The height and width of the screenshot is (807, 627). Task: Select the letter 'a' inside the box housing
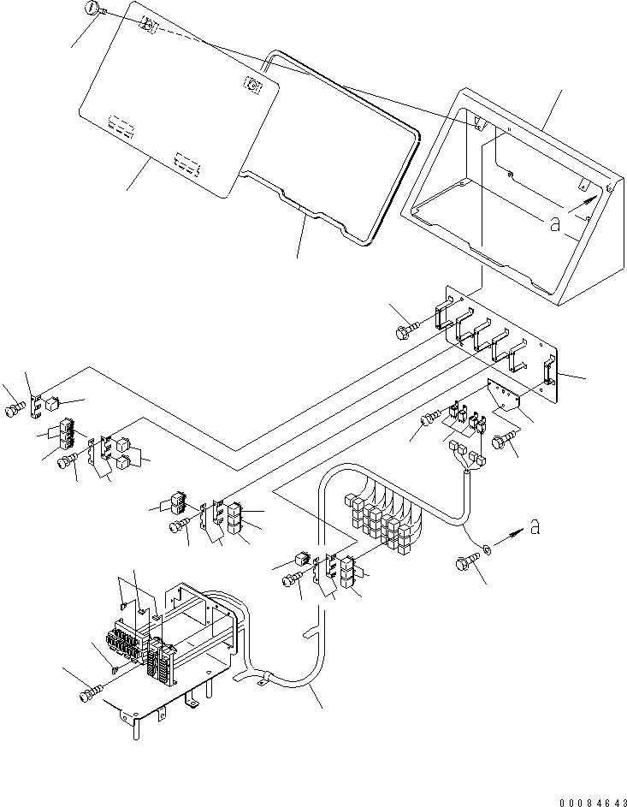(555, 224)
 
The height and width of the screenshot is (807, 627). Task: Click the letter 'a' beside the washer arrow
(535, 528)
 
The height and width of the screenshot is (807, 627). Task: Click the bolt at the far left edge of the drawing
(13, 410)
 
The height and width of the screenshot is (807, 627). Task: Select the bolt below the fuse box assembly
(92, 692)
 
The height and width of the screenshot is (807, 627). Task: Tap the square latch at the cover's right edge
(253, 84)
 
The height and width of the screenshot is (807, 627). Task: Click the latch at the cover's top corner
(148, 27)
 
